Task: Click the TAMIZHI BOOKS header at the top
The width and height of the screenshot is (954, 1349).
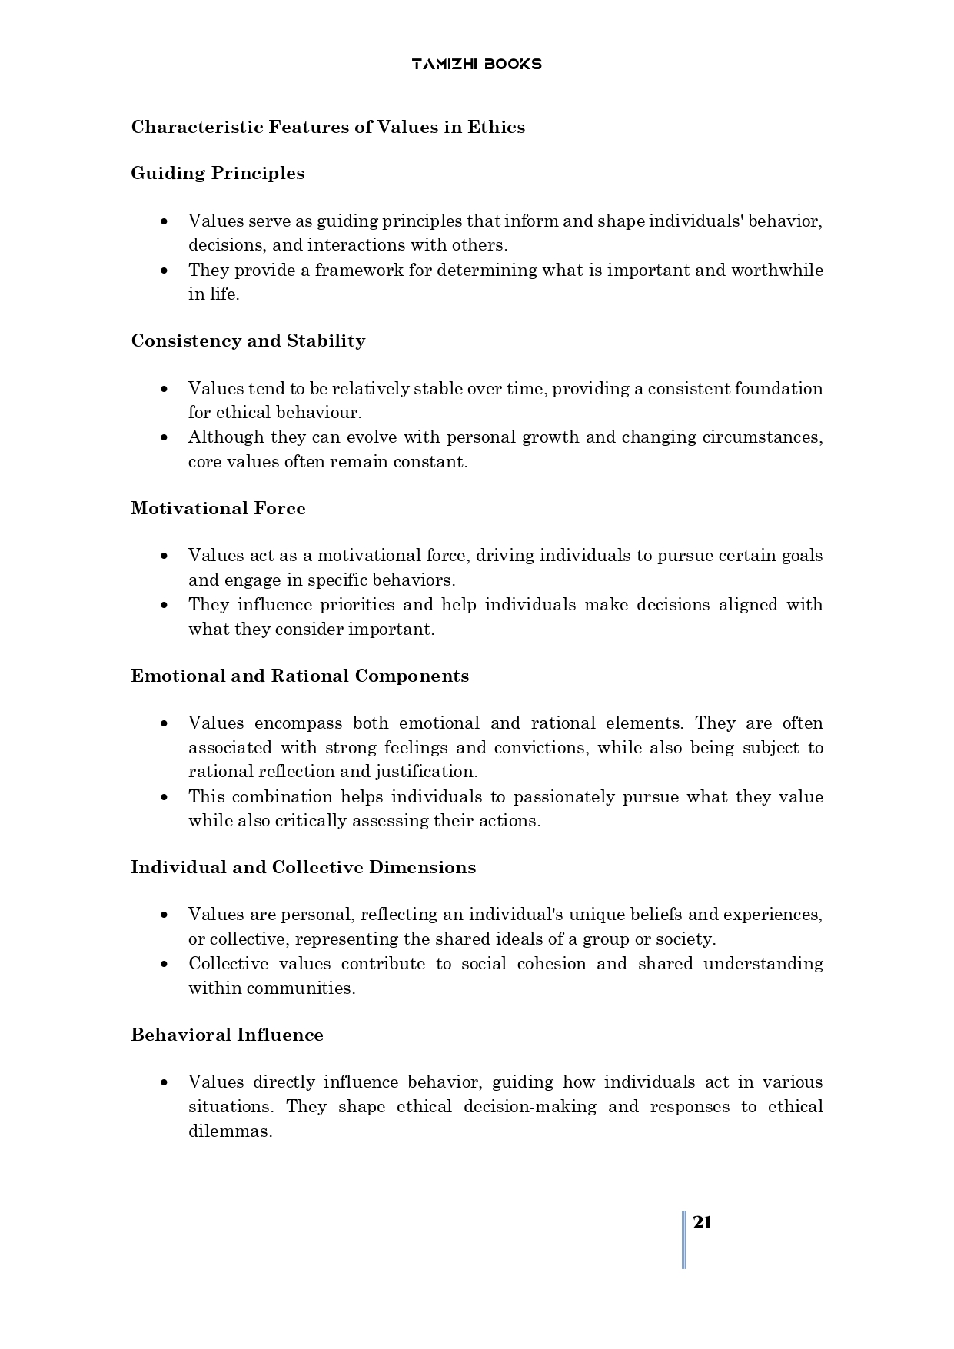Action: tap(477, 64)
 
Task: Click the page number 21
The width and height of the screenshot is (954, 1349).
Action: tap(702, 1223)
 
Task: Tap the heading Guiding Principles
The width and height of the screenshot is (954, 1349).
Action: tap(218, 173)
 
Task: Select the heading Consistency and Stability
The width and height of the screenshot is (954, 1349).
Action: tap(248, 341)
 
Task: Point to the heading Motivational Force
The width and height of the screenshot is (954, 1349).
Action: tap(218, 508)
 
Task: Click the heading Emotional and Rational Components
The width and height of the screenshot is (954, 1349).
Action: tap(300, 676)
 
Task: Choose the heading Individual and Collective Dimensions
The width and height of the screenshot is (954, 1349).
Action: tap(303, 867)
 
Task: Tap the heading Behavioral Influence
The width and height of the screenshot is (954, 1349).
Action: tap(227, 1035)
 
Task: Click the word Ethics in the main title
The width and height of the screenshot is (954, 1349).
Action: tap(496, 127)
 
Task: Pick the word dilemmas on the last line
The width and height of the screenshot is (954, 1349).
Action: tap(230, 1131)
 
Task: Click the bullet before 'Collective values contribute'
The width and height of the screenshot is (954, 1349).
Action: tap(164, 964)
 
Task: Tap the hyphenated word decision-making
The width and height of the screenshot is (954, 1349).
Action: tap(530, 1106)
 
